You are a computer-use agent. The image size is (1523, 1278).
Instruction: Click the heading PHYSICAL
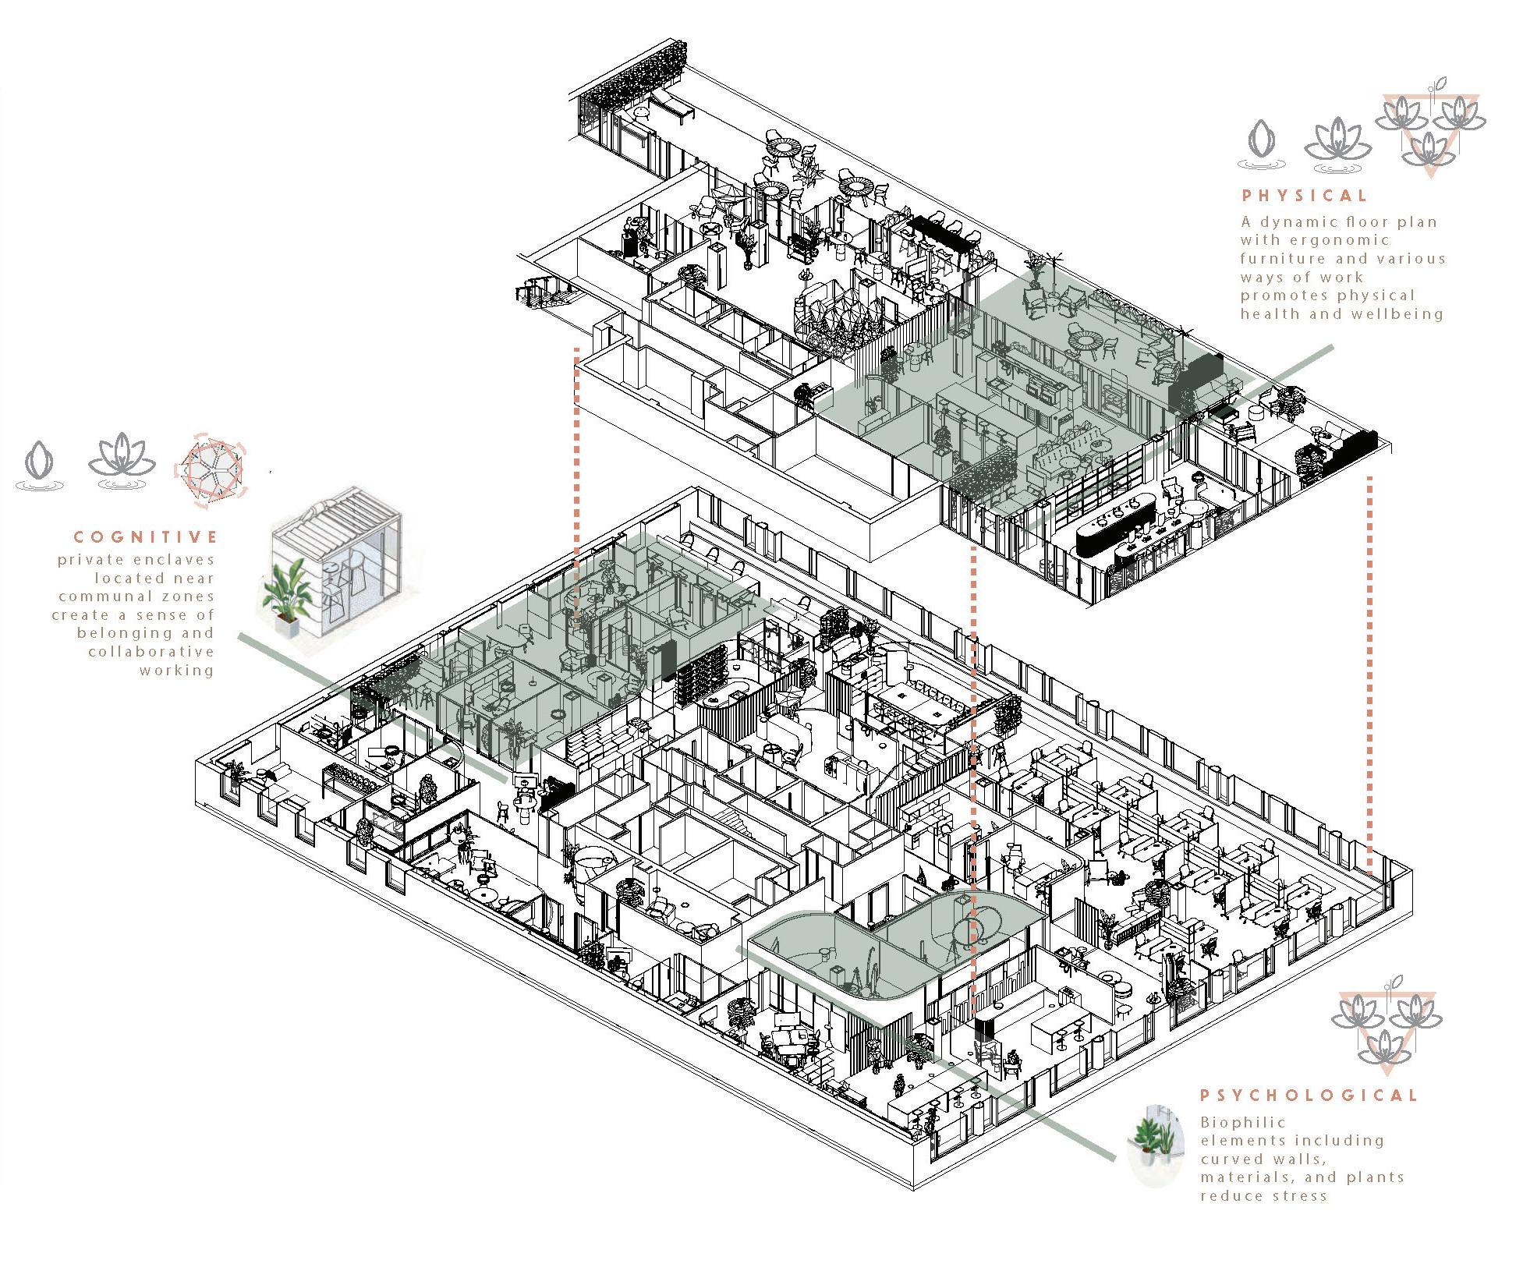(x=1305, y=196)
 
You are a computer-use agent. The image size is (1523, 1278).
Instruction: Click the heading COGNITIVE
(x=146, y=537)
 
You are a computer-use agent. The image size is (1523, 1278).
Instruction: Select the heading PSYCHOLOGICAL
(x=1308, y=1096)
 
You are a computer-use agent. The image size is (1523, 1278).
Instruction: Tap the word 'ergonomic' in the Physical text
(x=1341, y=240)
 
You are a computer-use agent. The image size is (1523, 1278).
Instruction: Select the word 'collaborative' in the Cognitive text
(x=151, y=652)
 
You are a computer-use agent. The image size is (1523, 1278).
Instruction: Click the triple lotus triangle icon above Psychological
(x=1386, y=1028)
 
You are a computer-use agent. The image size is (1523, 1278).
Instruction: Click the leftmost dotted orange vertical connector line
(x=576, y=483)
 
